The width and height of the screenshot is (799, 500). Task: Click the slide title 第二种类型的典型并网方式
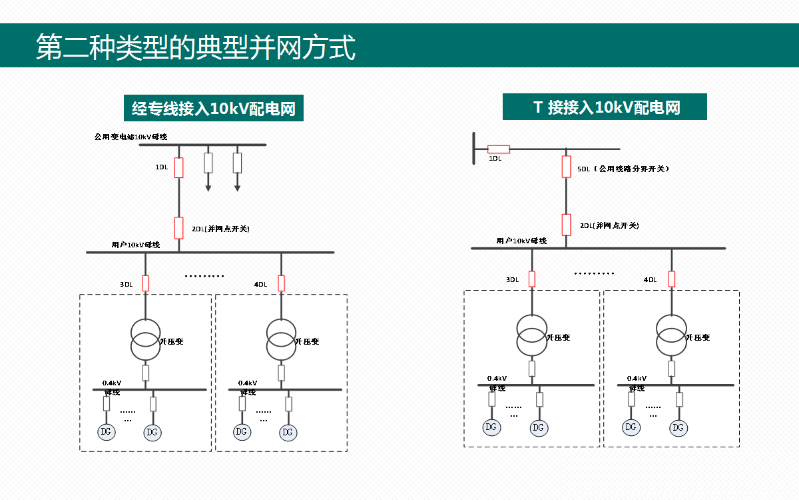pos(196,47)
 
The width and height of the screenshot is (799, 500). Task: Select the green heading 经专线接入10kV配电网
pos(214,109)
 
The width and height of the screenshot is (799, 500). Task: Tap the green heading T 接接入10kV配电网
pos(605,107)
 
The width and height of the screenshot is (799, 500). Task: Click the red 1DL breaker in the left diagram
pos(179,168)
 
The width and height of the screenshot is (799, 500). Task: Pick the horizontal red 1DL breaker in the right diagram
pos(499,149)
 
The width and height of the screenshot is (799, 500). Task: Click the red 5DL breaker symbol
pos(567,167)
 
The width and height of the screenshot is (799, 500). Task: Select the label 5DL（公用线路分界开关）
pos(623,169)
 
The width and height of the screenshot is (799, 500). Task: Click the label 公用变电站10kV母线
pos(131,137)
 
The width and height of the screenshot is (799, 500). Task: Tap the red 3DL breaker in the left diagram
pos(146,283)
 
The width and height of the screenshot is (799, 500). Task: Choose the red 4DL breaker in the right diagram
pos(672,279)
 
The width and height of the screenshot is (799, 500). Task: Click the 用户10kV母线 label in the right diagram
pos(521,241)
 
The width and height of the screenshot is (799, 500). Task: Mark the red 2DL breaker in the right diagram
pos(567,225)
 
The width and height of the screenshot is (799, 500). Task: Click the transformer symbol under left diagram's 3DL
pos(145,339)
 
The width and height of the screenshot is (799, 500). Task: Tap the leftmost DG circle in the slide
pos(106,431)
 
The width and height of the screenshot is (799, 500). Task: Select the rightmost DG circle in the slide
pos(679,427)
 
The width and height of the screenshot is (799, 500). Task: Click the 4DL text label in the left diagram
pos(260,285)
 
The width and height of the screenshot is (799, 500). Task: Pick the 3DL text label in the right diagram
pos(512,280)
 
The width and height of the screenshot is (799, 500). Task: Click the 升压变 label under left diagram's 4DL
pos(307,341)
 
